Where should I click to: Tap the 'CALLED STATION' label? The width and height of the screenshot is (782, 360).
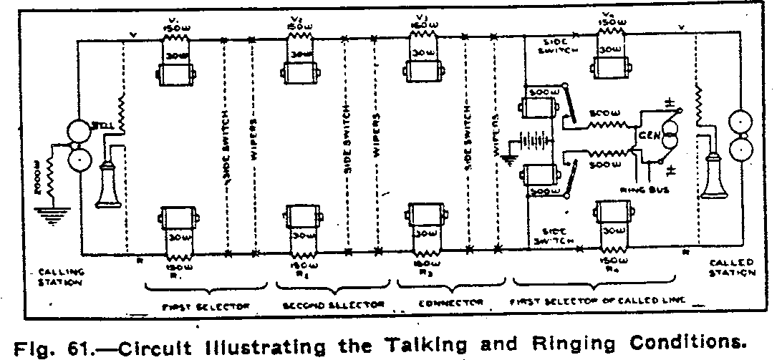[x=731, y=268]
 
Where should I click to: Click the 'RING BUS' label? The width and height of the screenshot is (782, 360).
[x=643, y=190]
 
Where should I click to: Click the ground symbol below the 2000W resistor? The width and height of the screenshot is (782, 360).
[x=50, y=214]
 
